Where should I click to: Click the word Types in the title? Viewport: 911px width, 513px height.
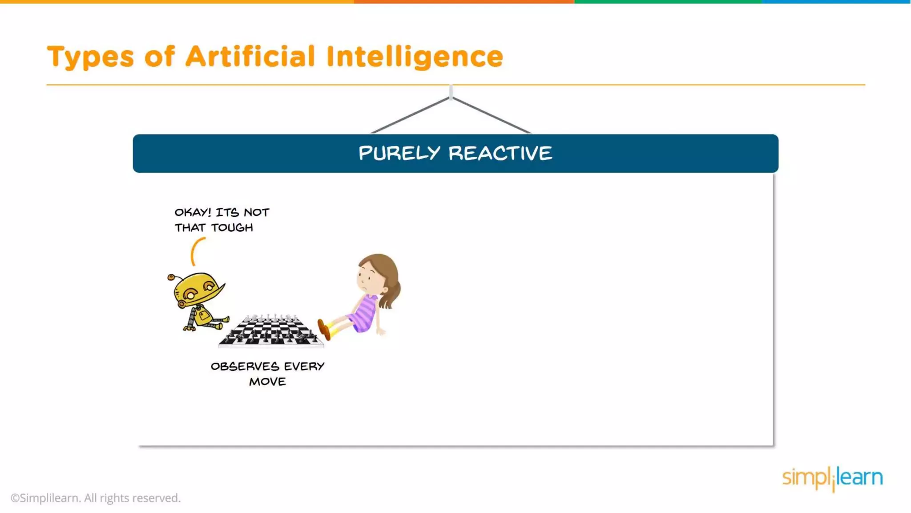pos(90,57)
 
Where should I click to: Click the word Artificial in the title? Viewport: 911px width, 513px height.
pos(250,57)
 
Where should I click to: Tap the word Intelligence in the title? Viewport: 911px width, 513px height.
pos(414,57)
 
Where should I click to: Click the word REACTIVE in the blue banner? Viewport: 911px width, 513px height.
pos(500,153)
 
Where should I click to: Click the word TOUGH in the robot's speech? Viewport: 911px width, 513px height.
pos(232,228)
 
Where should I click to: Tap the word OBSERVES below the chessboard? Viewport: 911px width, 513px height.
pos(245,366)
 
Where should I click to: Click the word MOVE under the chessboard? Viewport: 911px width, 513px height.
pos(267,382)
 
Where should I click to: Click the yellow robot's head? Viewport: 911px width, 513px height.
pos(198,289)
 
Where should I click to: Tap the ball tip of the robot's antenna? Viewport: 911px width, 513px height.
pos(171,277)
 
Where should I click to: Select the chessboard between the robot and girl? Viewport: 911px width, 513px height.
pos(271,331)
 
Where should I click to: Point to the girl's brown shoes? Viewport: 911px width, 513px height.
pos(324,329)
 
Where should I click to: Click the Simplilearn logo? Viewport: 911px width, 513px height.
pos(832,478)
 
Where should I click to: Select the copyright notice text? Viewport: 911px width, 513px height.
pos(96,498)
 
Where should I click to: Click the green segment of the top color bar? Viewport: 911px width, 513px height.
pos(668,2)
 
